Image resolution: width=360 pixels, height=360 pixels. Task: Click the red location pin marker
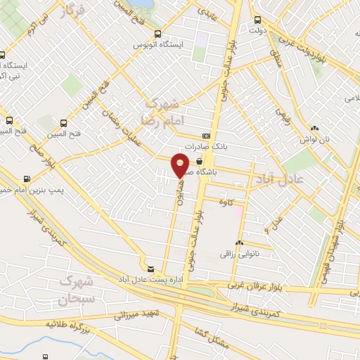181,165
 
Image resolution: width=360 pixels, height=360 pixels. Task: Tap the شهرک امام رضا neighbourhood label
161,112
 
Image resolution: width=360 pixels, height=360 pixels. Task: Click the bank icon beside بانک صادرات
206,135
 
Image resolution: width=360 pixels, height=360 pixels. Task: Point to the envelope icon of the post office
150,269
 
